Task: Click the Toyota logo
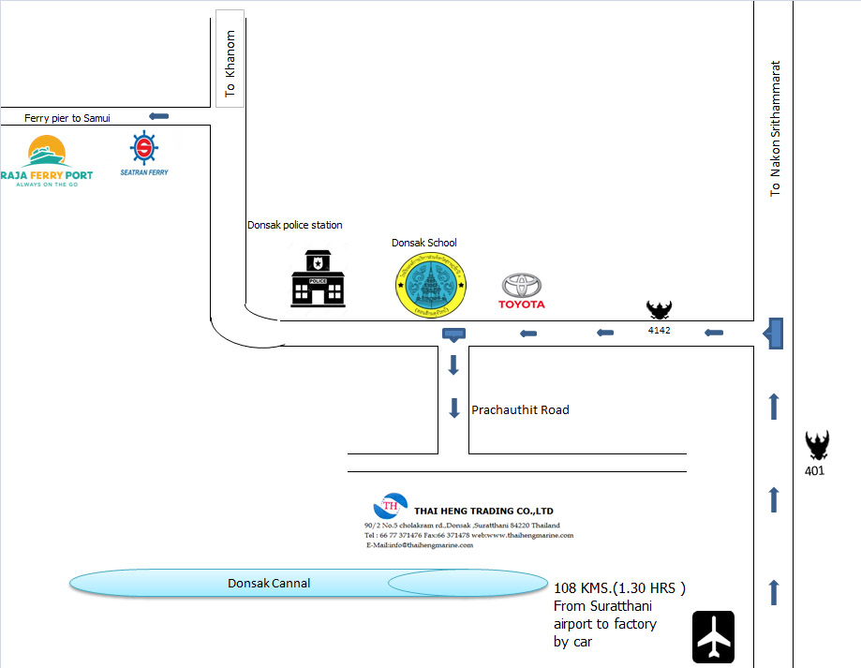tap(522, 290)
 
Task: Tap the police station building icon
tap(317, 278)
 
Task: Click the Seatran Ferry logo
tap(144, 155)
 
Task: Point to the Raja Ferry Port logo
tap(46, 161)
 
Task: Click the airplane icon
tap(713, 637)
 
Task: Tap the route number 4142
tap(660, 330)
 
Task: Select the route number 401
tap(815, 470)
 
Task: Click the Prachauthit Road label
tap(520, 409)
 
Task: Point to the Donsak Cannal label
tap(269, 583)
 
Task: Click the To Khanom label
tap(230, 65)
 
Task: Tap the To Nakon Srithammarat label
tap(775, 128)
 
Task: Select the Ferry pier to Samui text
tap(67, 118)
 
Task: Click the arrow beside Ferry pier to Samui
tap(158, 115)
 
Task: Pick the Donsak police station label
tap(294, 225)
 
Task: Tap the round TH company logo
tap(391, 506)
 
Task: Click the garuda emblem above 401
tap(817, 443)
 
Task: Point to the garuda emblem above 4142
tap(660, 310)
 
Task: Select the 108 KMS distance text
tap(619, 588)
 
